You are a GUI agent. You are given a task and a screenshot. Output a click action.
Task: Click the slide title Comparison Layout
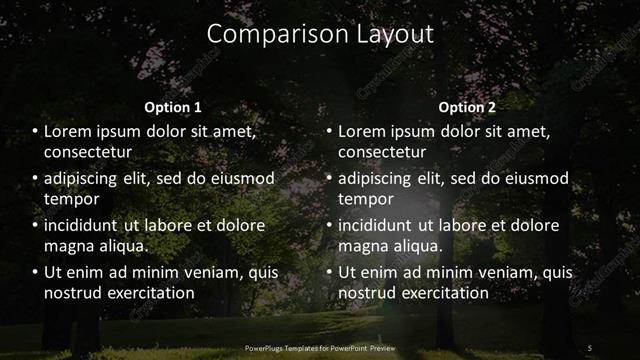coord(320,33)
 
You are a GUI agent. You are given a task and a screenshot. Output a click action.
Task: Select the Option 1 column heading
coord(173,107)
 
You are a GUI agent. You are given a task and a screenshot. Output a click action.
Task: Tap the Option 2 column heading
coord(467,107)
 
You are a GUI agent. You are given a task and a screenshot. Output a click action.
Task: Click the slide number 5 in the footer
coord(590,347)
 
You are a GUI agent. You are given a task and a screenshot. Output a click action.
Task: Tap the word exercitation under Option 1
coord(148,293)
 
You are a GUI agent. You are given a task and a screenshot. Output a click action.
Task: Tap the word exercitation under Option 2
coord(442,293)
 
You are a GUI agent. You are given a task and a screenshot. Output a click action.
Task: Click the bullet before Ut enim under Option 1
coord(35,272)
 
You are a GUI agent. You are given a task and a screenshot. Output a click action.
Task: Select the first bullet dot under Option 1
coord(35,131)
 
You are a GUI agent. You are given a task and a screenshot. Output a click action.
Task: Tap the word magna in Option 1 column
coord(68,246)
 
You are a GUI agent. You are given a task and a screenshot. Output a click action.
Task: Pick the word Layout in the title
coord(395,33)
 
